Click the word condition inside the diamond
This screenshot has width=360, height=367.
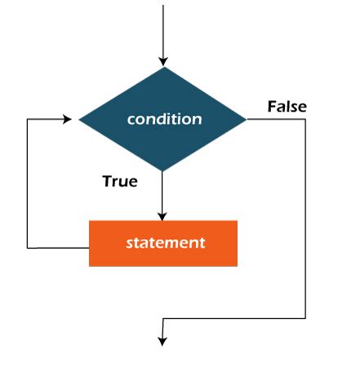click(164, 119)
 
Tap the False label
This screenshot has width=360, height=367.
click(287, 107)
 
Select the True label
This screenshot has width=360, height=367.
click(120, 181)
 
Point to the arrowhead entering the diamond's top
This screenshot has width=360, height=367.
click(163, 60)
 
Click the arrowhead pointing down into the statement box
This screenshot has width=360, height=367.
click(163, 215)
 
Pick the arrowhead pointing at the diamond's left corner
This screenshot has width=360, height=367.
click(73, 119)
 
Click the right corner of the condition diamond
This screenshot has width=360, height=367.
click(247, 119)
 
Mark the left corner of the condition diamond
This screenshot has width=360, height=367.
click(79, 119)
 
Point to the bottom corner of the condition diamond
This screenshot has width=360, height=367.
click(163, 172)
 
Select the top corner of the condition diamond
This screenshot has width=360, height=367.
click(163, 67)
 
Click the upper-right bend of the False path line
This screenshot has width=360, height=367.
click(305, 119)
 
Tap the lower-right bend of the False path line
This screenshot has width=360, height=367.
click(305, 318)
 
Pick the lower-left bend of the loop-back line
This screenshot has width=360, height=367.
click(27, 247)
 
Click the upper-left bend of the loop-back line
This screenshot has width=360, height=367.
click(27, 119)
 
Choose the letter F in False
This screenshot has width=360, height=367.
click(272, 107)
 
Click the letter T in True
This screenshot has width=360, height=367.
click(107, 181)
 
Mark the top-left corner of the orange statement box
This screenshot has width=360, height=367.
click(90, 221)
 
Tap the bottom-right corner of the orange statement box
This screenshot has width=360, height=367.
click(237, 266)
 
